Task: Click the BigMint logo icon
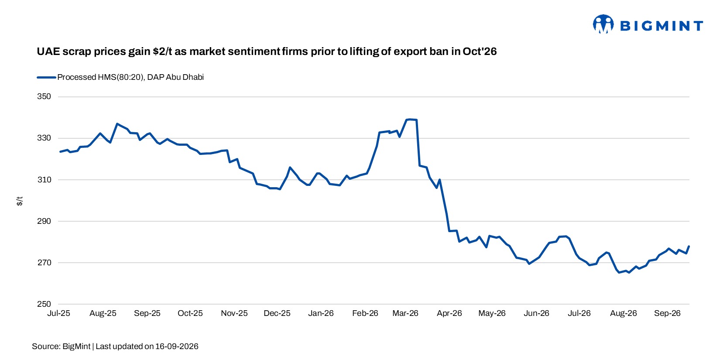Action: (x=603, y=24)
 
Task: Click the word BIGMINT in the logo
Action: (x=662, y=26)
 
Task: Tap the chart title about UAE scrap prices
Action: (x=267, y=51)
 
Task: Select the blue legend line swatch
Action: (x=46, y=78)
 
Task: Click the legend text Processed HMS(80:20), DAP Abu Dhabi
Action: (x=130, y=77)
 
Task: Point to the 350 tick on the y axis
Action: (x=44, y=96)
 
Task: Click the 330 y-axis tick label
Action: (x=44, y=138)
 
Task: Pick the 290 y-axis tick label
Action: (x=44, y=221)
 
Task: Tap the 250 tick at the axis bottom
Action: (x=44, y=304)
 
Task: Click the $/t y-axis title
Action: (x=20, y=201)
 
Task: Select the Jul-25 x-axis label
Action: (x=59, y=313)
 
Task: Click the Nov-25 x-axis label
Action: (x=234, y=313)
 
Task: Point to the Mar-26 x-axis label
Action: (x=405, y=313)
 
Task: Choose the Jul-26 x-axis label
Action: (x=579, y=313)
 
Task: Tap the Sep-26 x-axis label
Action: (x=667, y=313)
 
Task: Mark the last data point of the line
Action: (x=689, y=246)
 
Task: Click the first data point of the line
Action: (x=60, y=152)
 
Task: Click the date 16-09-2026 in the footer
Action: (x=177, y=346)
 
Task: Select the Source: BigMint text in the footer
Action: (x=61, y=346)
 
